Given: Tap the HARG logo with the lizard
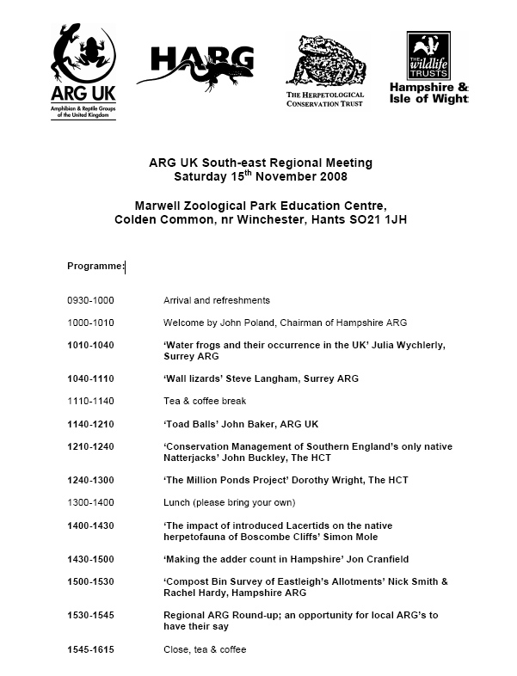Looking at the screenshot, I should point(201,66).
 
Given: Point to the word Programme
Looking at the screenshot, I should point(95,267).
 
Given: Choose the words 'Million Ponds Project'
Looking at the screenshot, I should point(242,479).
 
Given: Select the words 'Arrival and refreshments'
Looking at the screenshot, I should point(217,300).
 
